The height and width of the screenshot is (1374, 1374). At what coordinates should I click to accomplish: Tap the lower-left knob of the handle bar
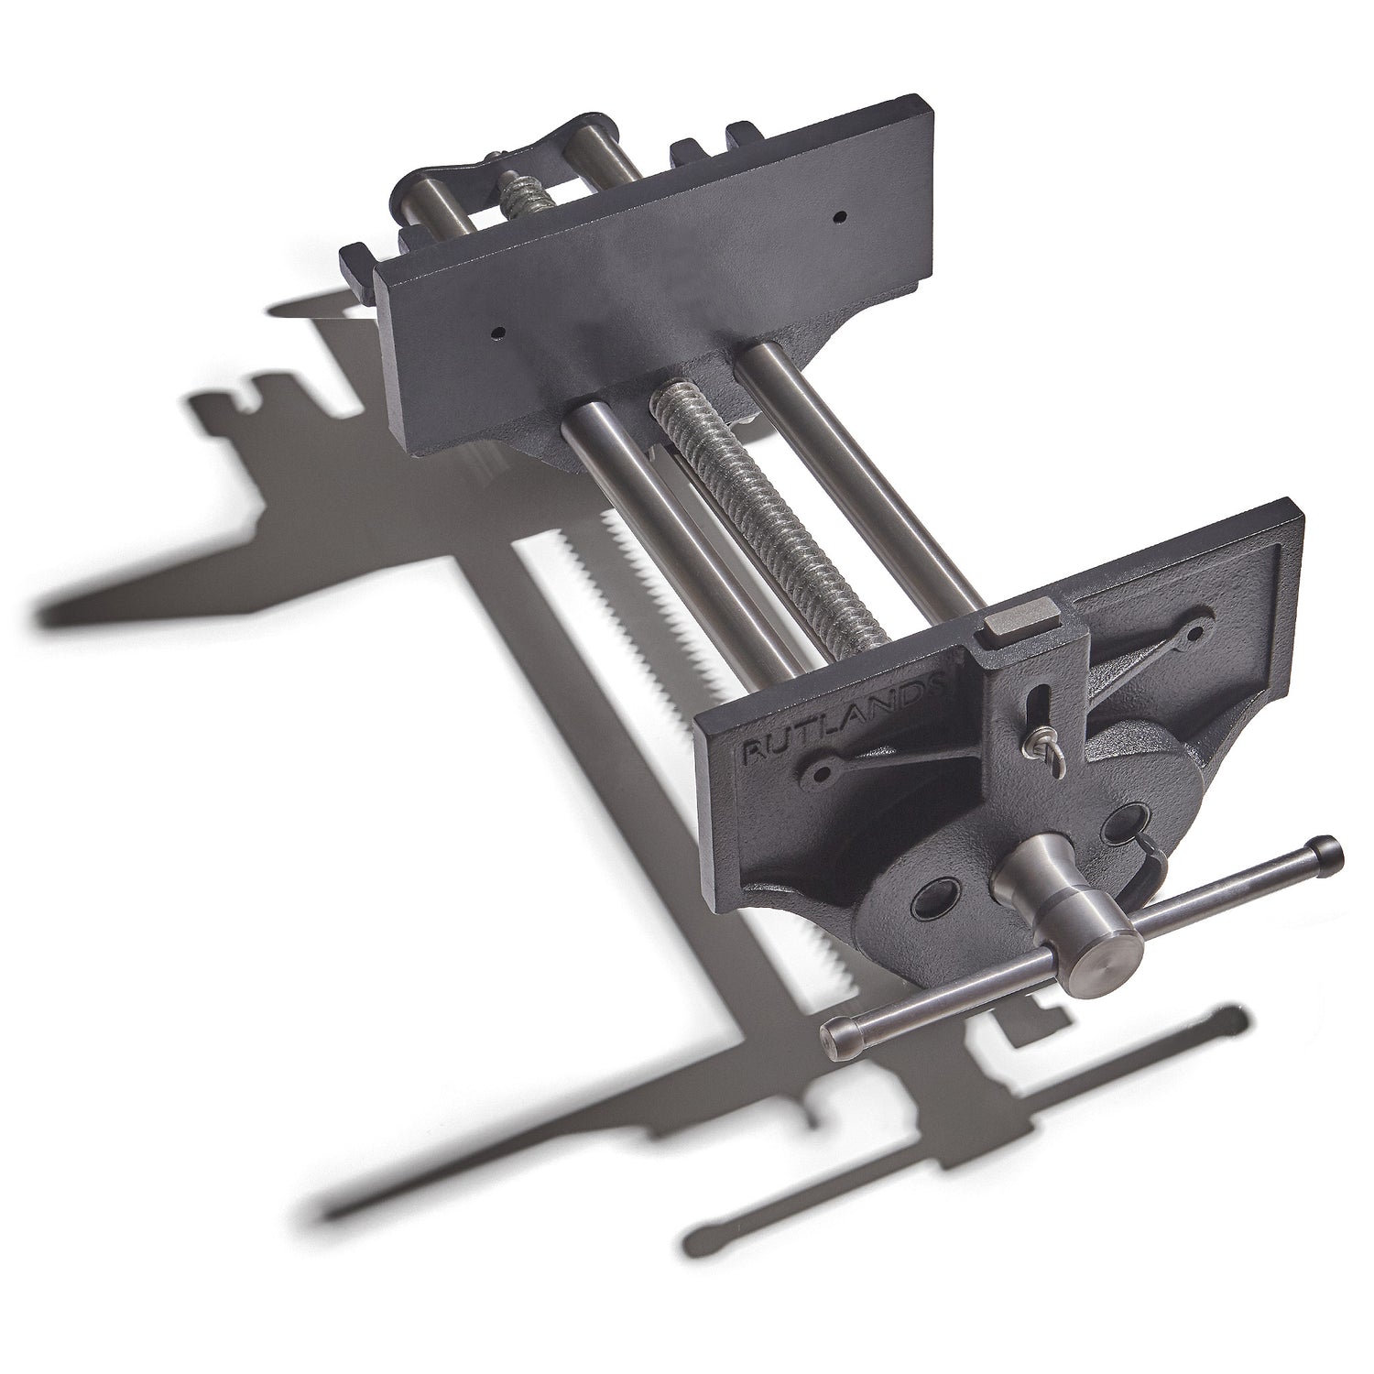(837, 1036)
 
